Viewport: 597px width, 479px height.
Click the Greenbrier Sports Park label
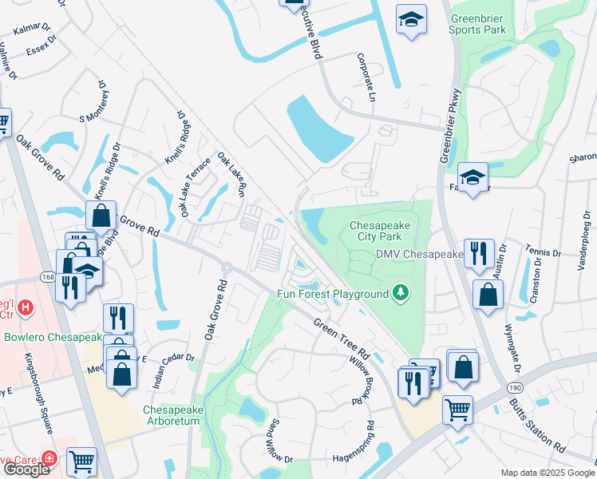[477, 24]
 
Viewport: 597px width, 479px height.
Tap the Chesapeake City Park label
[381, 232]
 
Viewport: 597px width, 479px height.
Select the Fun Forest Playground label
[332, 294]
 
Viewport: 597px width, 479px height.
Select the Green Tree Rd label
[342, 338]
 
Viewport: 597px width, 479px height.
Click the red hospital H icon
[26, 306]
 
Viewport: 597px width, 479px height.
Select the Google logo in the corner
[26, 469]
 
